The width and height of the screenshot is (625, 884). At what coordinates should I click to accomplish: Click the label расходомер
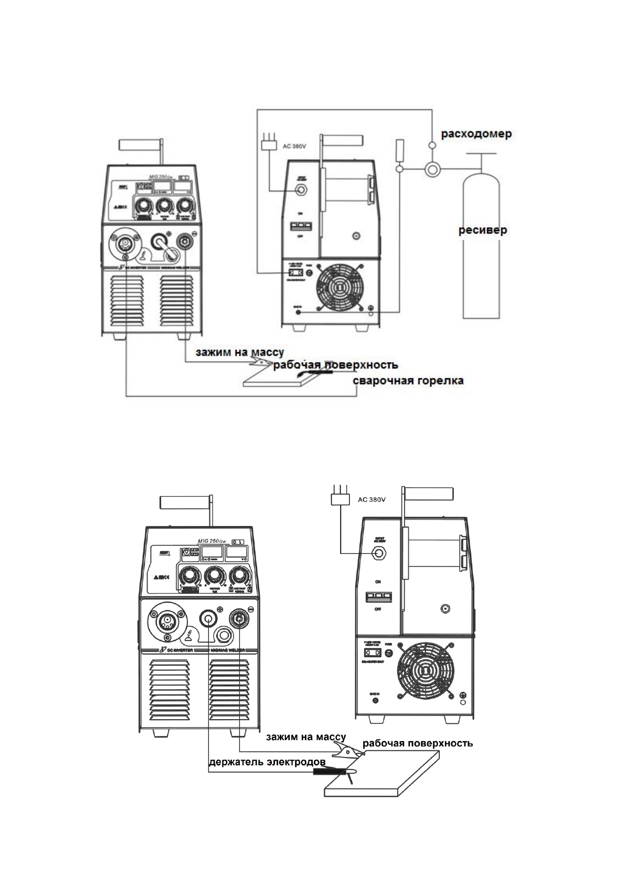point(476,134)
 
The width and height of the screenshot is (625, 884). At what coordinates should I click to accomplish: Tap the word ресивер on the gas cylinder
point(483,230)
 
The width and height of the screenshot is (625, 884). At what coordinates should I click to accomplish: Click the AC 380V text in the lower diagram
point(372,500)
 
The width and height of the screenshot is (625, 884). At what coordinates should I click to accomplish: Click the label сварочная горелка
point(408,381)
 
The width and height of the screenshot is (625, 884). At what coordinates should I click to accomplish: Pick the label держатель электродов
point(267,761)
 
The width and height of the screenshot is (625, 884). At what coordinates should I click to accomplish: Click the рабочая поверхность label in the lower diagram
point(418,743)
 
